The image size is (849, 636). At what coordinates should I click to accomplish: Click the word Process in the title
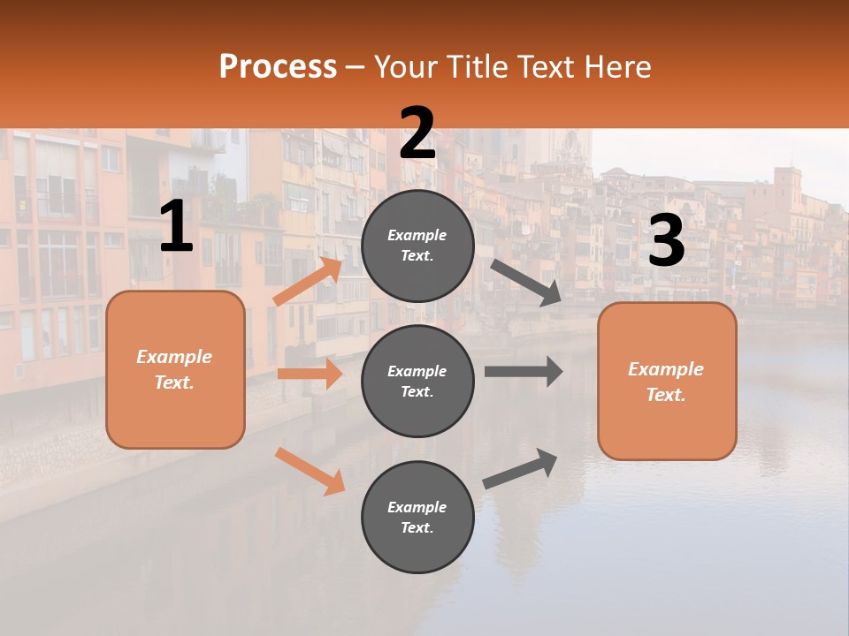pyautogui.click(x=278, y=67)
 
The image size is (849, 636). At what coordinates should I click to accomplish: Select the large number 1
pyautogui.click(x=176, y=228)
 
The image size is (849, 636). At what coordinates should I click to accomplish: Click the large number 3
pyautogui.click(x=666, y=241)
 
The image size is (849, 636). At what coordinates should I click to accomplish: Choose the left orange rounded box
pyautogui.click(x=175, y=369)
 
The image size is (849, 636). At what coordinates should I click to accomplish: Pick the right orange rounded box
pyautogui.click(x=667, y=382)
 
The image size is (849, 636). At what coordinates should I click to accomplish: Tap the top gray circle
pyautogui.click(x=417, y=246)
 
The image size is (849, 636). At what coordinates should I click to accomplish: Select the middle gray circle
pyautogui.click(x=417, y=382)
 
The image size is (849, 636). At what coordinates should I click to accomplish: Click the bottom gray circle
pyautogui.click(x=417, y=518)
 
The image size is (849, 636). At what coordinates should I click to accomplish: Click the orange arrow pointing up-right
pyautogui.click(x=308, y=281)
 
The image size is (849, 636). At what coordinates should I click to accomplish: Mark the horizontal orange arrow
pyautogui.click(x=310, y=374)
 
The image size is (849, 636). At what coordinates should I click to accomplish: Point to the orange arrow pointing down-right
pyautogui.click(x=310, y=471)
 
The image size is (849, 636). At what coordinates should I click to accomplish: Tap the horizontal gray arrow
pyautogui.click(x=524, y=371)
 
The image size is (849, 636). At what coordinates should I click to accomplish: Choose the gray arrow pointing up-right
pyautogui.click(x=520, y=468)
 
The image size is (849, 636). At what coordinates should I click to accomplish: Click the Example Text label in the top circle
pyautogui.click(x=417, y=246)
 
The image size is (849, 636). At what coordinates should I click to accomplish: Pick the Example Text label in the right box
pyautogui.click(x=666, y=382)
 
